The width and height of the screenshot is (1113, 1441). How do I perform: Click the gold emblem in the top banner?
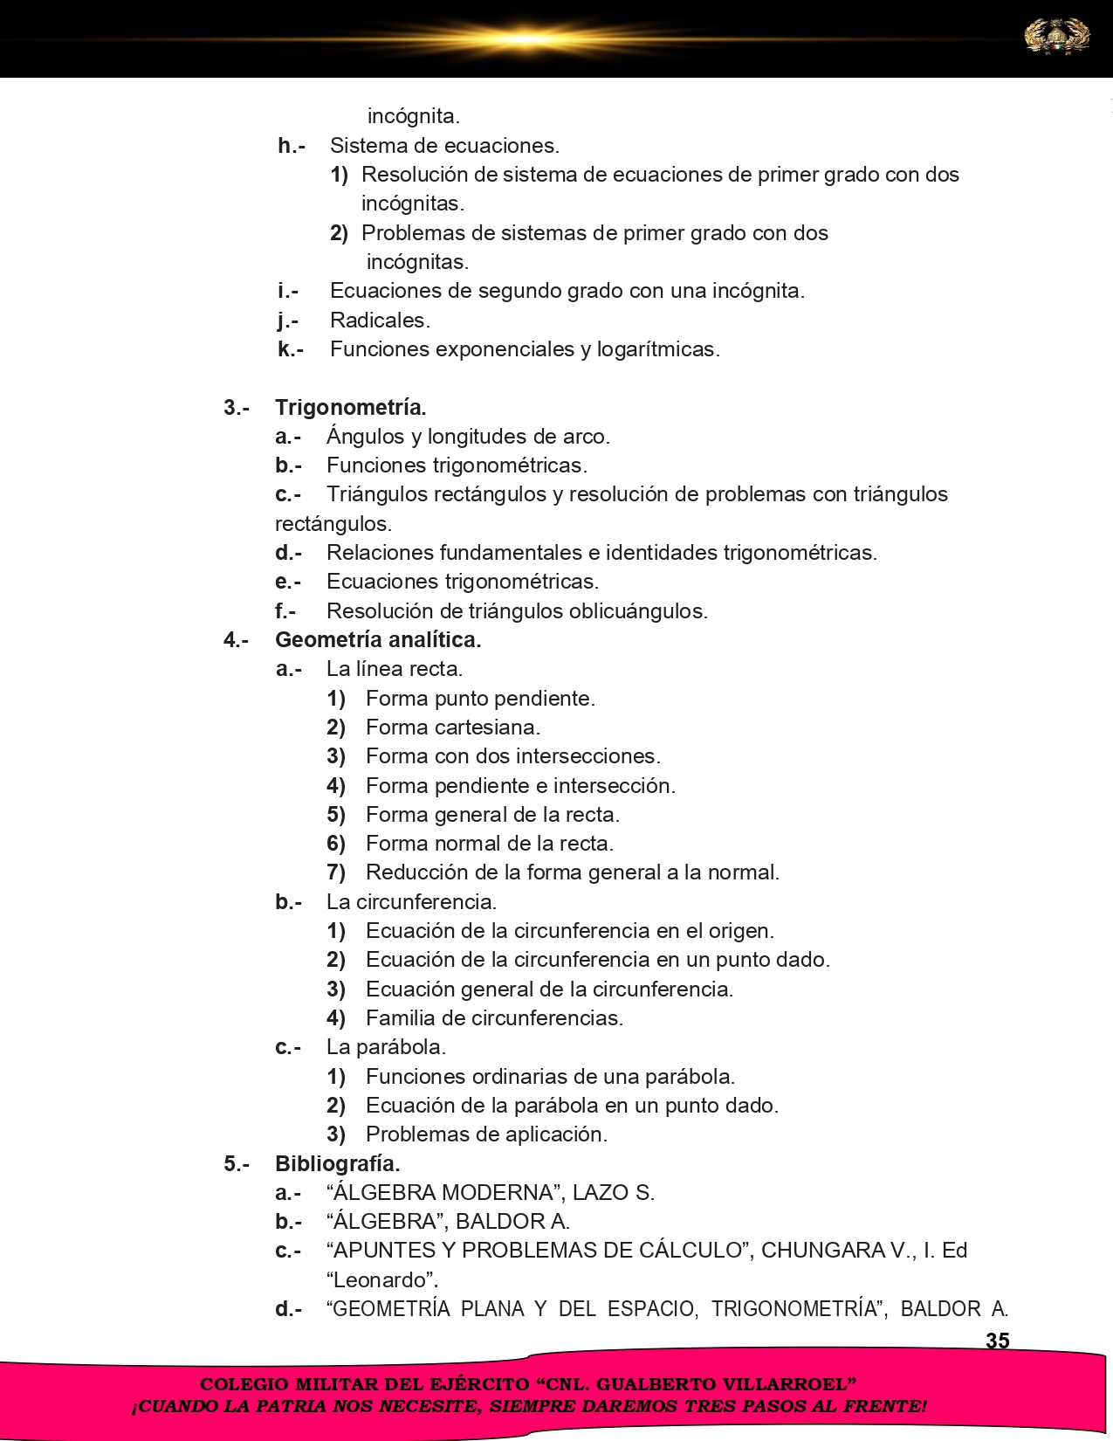click(x=1056, y=38)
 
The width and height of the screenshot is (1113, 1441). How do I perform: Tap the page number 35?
click(x=997, y=1341)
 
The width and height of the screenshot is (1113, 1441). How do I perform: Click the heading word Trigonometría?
click(x=351, y=408)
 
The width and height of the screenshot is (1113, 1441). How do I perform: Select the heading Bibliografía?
click(x=337, y=1163)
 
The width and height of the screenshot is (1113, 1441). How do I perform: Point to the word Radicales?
click(x=380, y=321)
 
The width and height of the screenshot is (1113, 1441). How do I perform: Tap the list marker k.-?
click(x=291, y=349)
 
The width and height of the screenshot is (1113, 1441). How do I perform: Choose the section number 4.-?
click(x=236, y=640)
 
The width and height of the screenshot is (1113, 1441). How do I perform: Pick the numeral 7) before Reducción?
click(x=336, y=872)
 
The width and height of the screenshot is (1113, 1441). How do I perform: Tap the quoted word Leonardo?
click(x=381, y=1280)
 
